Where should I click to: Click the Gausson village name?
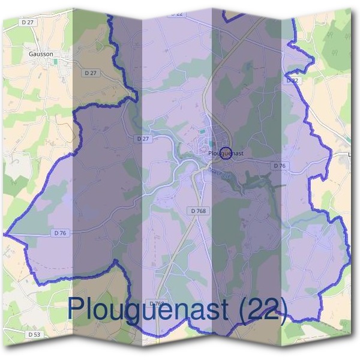click(41, 53)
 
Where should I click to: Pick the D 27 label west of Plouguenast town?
click(142, 139)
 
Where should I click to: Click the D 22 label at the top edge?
click(175, 13)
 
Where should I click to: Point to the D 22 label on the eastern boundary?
click(292, 80)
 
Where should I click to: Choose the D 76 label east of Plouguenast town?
click(279, 165)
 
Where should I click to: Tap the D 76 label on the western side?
click(59, 233)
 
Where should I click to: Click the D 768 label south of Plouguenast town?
click(198, 211)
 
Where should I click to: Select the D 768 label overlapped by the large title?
click(157, 304)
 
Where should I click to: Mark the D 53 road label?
click(34, 333)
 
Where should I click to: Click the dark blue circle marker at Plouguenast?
click(226, 153)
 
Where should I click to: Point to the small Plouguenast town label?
click(226, 154)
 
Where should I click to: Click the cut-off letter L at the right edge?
click(350, 155)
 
